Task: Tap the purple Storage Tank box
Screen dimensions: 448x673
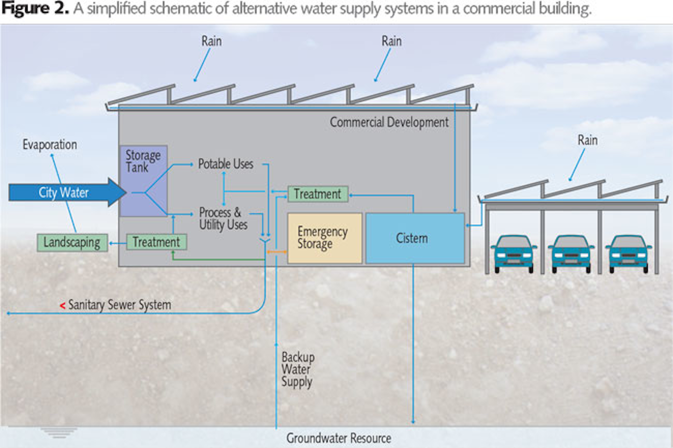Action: (143, 181)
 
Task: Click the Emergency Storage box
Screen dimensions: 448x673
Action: (324, 238)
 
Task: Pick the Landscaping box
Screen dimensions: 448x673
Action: (72, 242)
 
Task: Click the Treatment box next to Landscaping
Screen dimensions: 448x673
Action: (156, 242)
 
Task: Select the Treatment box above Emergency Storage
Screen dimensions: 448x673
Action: (317, 194)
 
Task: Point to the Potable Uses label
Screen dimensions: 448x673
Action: (225, 164)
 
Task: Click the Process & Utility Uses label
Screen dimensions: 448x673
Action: (223, 219)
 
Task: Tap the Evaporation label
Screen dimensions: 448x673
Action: (50, 145)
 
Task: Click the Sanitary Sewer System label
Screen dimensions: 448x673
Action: (120, 305)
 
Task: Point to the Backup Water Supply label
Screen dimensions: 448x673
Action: (297, 370)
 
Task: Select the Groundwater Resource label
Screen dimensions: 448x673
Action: (338, 438)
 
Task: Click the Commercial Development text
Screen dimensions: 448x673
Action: (389, 122)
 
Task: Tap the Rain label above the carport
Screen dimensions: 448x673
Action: (587, 140)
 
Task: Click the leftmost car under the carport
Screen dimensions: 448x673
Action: (514, 253)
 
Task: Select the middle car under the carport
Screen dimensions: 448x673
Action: (571, 253)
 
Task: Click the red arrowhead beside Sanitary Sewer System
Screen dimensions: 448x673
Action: (62, 306)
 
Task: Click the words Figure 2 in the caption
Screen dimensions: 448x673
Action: (35, 9)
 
